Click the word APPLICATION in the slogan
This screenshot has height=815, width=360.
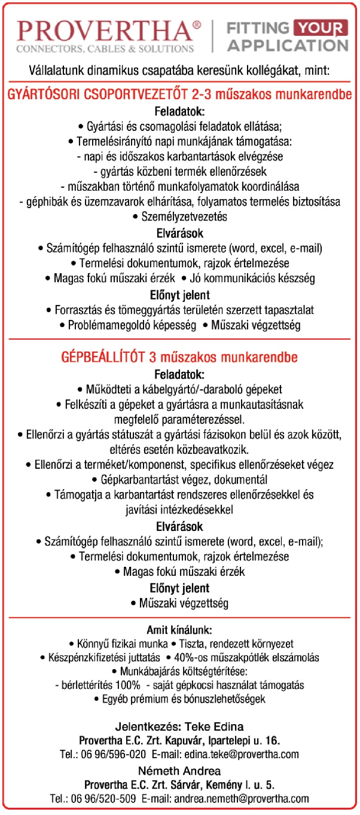pyautogui.click(x=288, y=45)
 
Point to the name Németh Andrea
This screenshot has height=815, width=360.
pyautogui.click(x=180, y=771)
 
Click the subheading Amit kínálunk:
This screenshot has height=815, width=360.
pyautogui.click(x=179, y=630)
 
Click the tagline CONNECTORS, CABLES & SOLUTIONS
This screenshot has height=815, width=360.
pyautogui.click(x=106, y=48)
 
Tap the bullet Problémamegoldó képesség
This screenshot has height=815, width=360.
pyautogui.click(x=129, y=326)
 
